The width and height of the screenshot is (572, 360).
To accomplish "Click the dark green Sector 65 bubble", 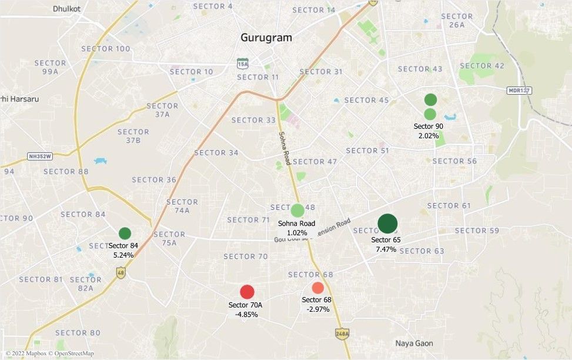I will click(x=387, y=224).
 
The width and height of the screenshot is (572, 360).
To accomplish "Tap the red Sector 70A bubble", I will click(x=247, y=292).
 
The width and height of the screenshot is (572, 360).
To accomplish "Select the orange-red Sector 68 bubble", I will click(x=317, y=288).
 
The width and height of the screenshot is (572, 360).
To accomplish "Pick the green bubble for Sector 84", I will click(x=125, y=233).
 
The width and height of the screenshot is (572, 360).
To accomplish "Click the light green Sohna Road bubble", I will click(x=297, y=210).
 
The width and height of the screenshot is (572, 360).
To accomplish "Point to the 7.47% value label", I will click(x=386, y=249).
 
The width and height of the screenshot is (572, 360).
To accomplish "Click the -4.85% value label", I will click(x=246, y=314).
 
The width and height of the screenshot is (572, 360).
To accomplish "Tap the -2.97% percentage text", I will click(x=317, y=309).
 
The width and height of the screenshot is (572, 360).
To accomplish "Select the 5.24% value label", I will click(x=123, y=255).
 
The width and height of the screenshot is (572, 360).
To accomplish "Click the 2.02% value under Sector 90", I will click(x=429, y=136).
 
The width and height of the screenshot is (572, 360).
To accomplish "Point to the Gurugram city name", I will click(x=266, y=38).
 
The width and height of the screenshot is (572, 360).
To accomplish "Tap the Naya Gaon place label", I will click(x=414, y=343).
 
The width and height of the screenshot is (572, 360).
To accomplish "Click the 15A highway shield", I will click(x=242, y=62).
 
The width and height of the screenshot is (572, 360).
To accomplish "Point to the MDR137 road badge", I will click(x=519, y=91).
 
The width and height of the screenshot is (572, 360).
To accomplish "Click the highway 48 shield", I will click(x=121, y=273).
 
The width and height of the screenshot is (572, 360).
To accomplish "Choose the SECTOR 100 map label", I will click(x=106, y=48).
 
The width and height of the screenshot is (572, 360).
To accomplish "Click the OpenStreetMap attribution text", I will click(x=71, y=354).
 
